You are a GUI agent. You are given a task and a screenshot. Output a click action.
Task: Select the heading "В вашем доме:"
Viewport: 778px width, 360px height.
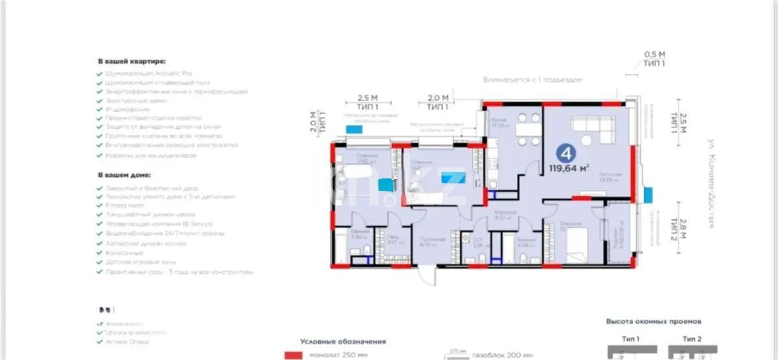pos(124,175)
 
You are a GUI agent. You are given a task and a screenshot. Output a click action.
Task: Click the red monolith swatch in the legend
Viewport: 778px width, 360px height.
pos(294,355)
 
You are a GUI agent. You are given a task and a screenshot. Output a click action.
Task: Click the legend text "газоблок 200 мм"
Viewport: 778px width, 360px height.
pos(502,355)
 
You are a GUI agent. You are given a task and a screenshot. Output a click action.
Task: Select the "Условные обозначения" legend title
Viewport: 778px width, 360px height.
pos(343,341)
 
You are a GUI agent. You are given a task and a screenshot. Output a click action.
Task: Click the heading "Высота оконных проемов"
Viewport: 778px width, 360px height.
pos(654,321)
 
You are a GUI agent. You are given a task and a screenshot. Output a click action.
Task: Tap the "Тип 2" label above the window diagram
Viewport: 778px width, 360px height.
pos(694,339)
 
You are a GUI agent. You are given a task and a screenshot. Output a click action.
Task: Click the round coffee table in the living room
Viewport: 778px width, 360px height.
pos(587,140)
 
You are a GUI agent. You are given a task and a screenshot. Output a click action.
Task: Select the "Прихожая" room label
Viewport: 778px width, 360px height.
pos(429,239)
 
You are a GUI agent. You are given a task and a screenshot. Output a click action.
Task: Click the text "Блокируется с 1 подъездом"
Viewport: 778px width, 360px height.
pos(533,80)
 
